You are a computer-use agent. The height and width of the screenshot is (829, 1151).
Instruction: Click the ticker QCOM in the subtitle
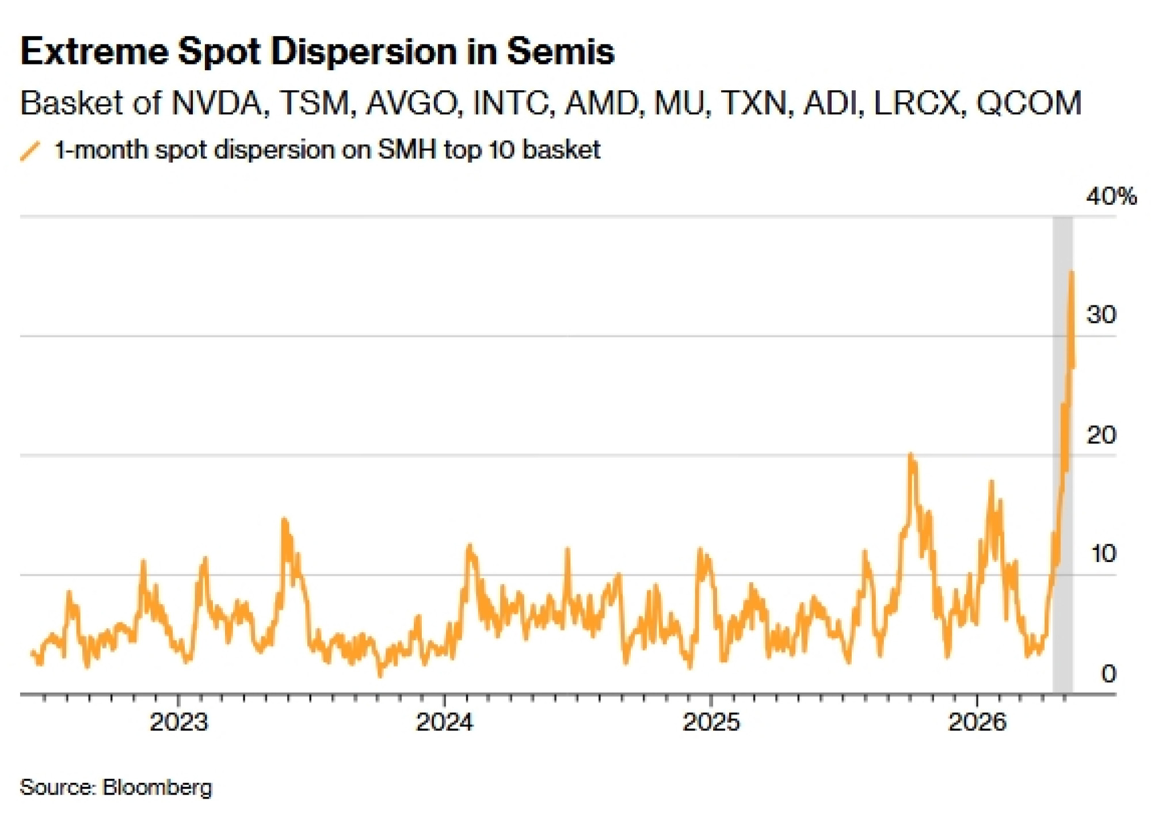(x=1030, y=104)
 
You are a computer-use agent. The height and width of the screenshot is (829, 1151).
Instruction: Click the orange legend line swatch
(x=30, y=151)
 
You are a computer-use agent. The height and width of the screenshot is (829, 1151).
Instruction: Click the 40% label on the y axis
(x=1111, y=197)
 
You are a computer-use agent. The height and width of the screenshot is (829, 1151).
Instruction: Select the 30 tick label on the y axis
(x=1101, y=315)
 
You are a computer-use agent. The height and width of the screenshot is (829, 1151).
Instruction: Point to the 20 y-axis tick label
(x=1101, y=435)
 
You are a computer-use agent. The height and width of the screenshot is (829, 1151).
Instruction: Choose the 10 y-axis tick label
(x=1103, y=553)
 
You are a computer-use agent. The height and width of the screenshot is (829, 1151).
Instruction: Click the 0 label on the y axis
(x=1108, y=674)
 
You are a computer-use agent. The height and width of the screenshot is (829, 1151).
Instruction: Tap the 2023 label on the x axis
(x=179, y=722)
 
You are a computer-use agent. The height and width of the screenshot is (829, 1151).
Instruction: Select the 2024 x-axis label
(x=445, y=722)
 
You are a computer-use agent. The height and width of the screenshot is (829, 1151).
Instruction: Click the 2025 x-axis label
(x=711, y=722)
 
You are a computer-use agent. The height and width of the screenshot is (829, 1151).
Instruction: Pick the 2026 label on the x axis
(x=977, y=722)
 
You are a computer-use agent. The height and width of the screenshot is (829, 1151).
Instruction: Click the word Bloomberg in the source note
(x=157, y=787)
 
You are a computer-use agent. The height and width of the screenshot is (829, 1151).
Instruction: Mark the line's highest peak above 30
(x=1071, y=272)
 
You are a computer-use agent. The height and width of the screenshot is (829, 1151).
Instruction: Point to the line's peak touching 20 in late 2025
(x=910, y=455)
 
